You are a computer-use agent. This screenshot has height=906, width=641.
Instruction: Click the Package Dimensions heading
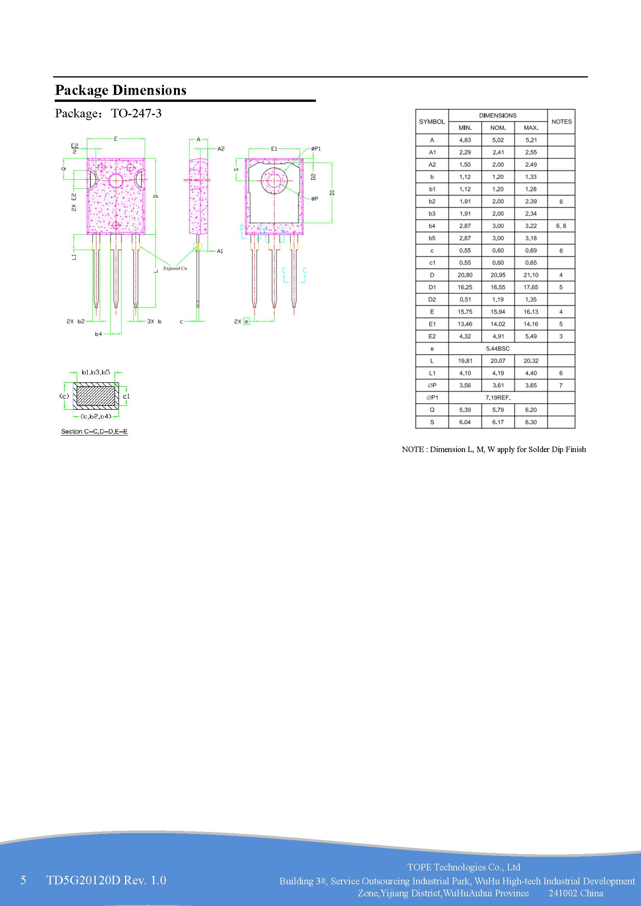(121, 90)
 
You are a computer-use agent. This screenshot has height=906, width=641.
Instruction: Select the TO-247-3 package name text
(136, 113)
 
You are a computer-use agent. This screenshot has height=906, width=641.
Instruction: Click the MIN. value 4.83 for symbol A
(465, 140)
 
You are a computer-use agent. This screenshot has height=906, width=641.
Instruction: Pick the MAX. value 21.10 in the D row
(531, 275)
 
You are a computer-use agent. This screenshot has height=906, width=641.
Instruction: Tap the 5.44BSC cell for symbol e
(497, 349)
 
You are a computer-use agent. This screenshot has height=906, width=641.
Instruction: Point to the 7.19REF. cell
(497, 398)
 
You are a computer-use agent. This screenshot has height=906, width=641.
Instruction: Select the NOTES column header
(561, 122)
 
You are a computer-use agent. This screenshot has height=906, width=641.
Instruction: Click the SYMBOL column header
(431, 122)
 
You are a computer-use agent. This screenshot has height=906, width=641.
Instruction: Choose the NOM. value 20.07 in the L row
(497, 361)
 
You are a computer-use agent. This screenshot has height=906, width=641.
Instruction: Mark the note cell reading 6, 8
(560, 226)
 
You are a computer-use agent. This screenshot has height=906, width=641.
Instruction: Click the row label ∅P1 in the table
(432, 398)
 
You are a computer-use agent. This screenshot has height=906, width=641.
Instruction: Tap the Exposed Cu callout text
(175, 268)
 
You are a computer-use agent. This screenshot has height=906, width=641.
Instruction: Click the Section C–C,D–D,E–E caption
(94, 432)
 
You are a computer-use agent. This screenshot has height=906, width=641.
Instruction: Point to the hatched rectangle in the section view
(95, 396)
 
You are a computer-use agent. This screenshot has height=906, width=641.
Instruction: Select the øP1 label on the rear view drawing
(316, 149)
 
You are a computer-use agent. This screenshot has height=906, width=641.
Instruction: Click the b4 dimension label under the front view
(98, 334)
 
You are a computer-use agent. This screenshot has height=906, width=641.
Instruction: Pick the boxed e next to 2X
(246, 321)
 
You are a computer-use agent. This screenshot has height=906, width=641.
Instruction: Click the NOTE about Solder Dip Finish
(493, 449)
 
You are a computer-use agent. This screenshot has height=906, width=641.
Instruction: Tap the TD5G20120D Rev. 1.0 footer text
(106, 880)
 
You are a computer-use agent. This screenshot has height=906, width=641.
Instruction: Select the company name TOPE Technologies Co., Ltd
(464, 867)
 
